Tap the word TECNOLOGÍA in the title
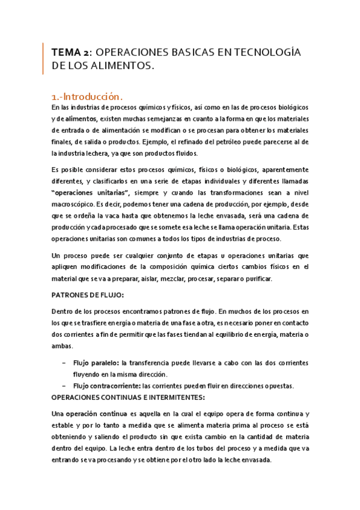click(267, 53)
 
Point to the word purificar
click(255, 278)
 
